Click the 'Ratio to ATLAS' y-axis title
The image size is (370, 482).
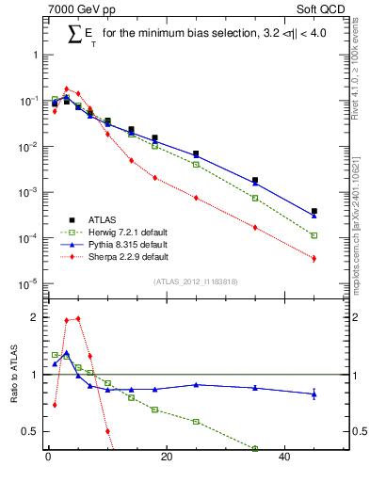coord(13,376)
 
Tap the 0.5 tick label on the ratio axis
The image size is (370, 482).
coord(30,431)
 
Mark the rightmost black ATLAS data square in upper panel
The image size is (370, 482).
coord(314,211)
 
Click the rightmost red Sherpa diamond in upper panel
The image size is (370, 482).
coord(314,259)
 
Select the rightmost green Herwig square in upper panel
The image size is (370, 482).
coord(314,235)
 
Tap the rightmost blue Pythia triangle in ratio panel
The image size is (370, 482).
coord(314,394)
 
